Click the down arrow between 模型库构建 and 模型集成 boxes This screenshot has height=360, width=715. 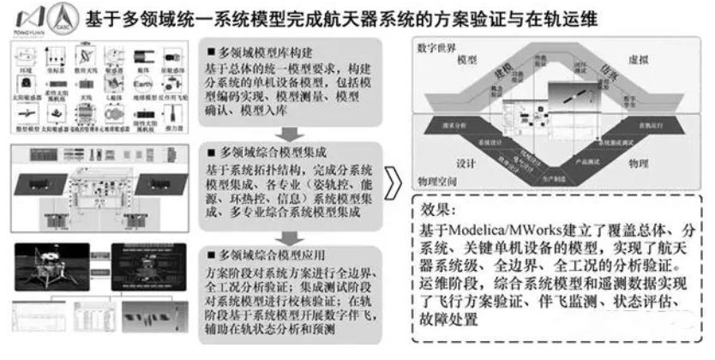pos(289,132)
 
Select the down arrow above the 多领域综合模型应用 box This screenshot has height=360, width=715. pos(289,235)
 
